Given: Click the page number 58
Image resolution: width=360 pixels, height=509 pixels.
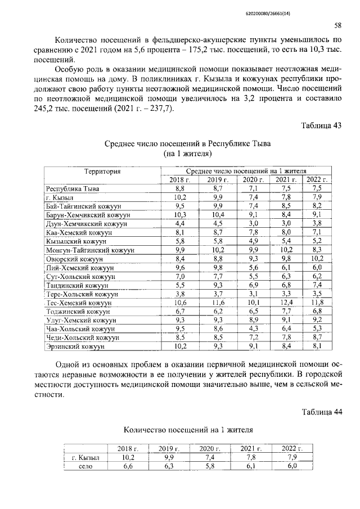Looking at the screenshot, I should pyautogui.click(x=337, y=26).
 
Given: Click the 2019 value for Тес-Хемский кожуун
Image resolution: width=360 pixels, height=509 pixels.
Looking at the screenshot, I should pyautogui.click(x=214, y=303).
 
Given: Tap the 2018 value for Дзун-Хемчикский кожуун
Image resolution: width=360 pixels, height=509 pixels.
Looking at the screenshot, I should pyautogui.click(x=180, y=223).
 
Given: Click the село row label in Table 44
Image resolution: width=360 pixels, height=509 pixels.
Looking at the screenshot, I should pyautogui.click(x=85, y=466).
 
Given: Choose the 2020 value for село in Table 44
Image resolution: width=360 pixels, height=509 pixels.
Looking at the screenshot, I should pyautogui.click(x=210, y=466).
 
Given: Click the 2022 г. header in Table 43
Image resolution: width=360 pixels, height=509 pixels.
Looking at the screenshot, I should pyautogui.click(x=317, y=179).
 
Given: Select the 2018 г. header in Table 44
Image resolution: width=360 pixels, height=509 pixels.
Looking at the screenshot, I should pyautogui.click(x=128, y=448).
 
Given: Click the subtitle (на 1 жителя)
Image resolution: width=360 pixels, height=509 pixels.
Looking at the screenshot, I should pyautogui.click(x=187, y=153).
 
